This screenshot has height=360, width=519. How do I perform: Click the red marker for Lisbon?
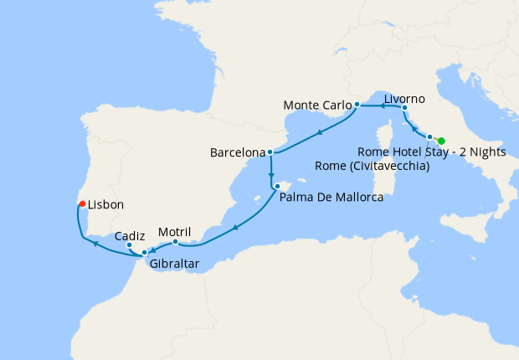[x=81, y=203]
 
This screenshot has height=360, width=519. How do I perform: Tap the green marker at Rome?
[x=441, y=141]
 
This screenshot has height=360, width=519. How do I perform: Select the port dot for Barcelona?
[x=270, y=153]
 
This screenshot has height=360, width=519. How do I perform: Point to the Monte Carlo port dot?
[x=357, y=105]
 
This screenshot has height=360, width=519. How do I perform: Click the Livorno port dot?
[x=404, y=108]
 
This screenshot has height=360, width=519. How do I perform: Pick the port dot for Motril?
[x=175, y=243]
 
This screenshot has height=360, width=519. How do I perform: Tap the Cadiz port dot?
[x=129, y=245]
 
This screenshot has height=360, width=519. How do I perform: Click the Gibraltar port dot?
[x=145, y=252]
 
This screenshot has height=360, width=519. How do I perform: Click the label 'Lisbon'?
[x=105, y=204]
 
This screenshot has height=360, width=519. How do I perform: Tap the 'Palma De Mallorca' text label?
[x=331, y=198]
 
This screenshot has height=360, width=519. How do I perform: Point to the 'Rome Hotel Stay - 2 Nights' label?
[x=431, y=152]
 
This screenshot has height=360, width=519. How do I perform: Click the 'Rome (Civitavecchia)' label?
[x=373, y=166]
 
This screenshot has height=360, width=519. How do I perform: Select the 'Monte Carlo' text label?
[x=316, y=105]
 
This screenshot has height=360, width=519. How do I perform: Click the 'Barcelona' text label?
[x=237, y=154]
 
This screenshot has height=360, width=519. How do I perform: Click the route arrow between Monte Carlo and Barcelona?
[x=320, y=132]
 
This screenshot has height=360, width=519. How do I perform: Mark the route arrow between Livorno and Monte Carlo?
[x=382, y=106]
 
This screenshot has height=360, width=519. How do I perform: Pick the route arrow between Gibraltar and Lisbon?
[x=96, y=244]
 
